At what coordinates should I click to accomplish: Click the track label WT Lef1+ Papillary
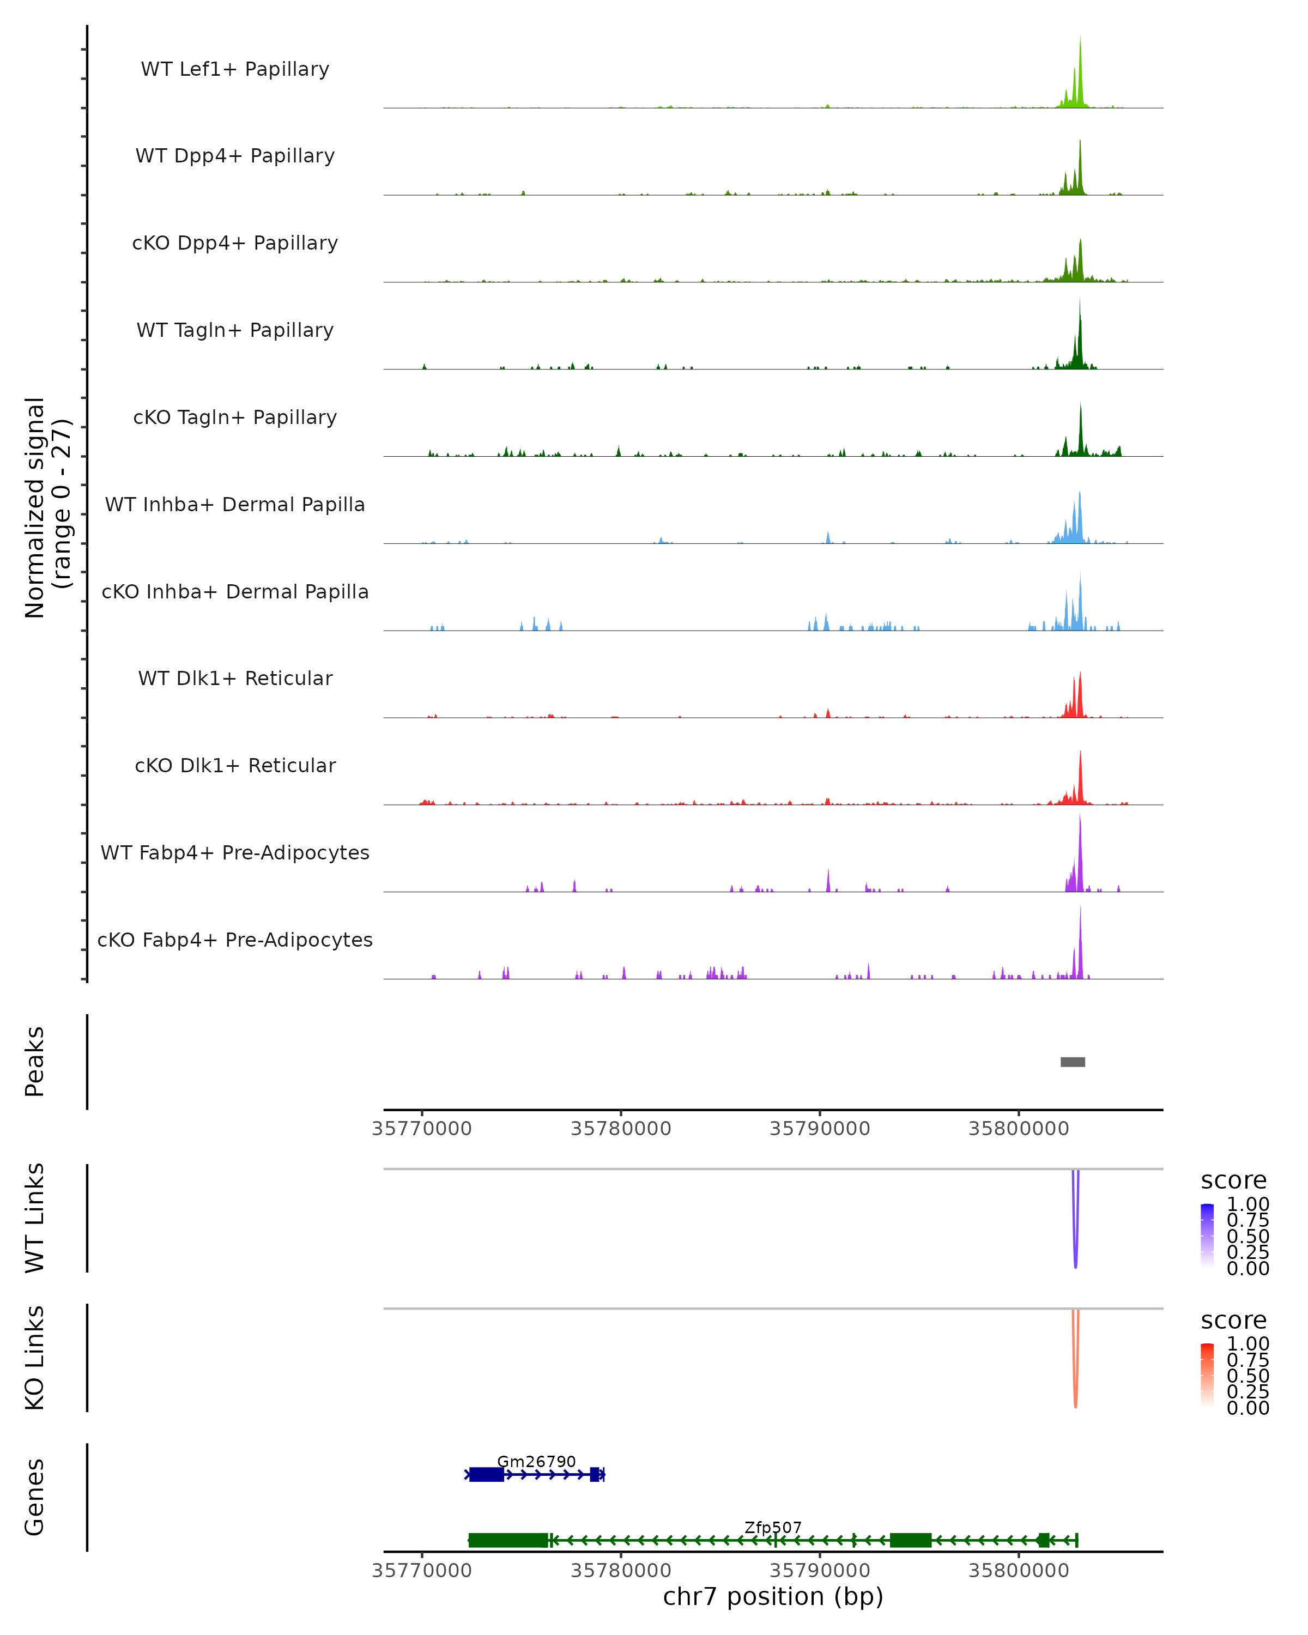point(235,69)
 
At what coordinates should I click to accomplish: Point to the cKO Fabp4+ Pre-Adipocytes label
point(235,940)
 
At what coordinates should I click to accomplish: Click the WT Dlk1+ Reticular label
point(235,678)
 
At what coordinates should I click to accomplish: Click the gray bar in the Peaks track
point(1072,1062)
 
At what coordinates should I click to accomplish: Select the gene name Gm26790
point(536,1461)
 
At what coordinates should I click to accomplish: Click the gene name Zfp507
point(773,1527)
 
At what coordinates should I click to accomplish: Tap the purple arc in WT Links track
point(1075,1244)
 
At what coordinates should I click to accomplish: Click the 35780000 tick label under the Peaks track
point(621,1129)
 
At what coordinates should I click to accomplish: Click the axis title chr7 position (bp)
point(773,1596)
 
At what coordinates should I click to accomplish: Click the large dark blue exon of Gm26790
point(487,1474)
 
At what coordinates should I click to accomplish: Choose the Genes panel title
point(35,1497)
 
